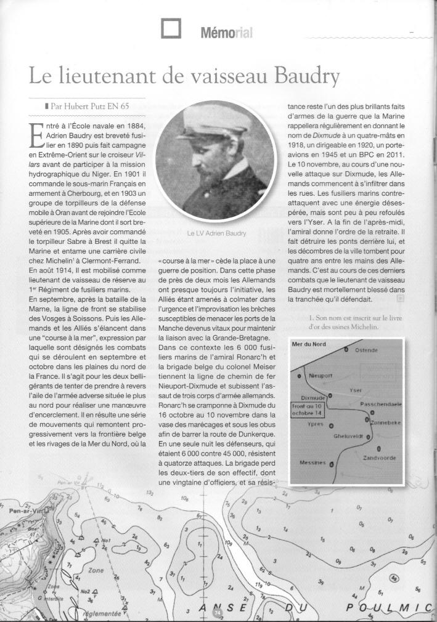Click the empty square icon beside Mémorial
click(x=170, y=28)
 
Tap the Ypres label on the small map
click(x=316, y=425)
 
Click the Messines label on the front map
click(x=313, y=463)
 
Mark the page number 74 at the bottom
click(x=216, y=613)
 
